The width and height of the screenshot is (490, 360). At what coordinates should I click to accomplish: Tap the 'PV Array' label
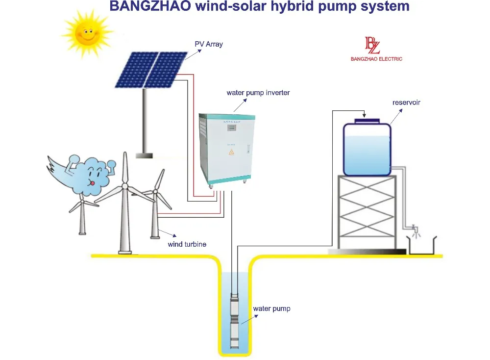(x=207, y=44)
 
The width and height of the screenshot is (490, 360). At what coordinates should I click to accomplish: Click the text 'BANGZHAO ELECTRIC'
(x=376, y=59)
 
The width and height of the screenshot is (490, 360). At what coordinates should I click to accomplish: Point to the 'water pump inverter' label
(x=258, y=93)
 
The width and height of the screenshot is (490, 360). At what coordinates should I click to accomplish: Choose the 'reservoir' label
(x=406, y=103)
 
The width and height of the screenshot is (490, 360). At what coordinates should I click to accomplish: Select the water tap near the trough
(x=415, y=229)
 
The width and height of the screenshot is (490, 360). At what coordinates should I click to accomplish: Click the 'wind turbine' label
(x=187, y=244)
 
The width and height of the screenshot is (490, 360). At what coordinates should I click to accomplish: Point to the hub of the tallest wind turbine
(x=124, y=186)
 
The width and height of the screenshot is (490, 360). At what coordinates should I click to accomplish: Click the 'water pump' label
(x=271, y=309)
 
